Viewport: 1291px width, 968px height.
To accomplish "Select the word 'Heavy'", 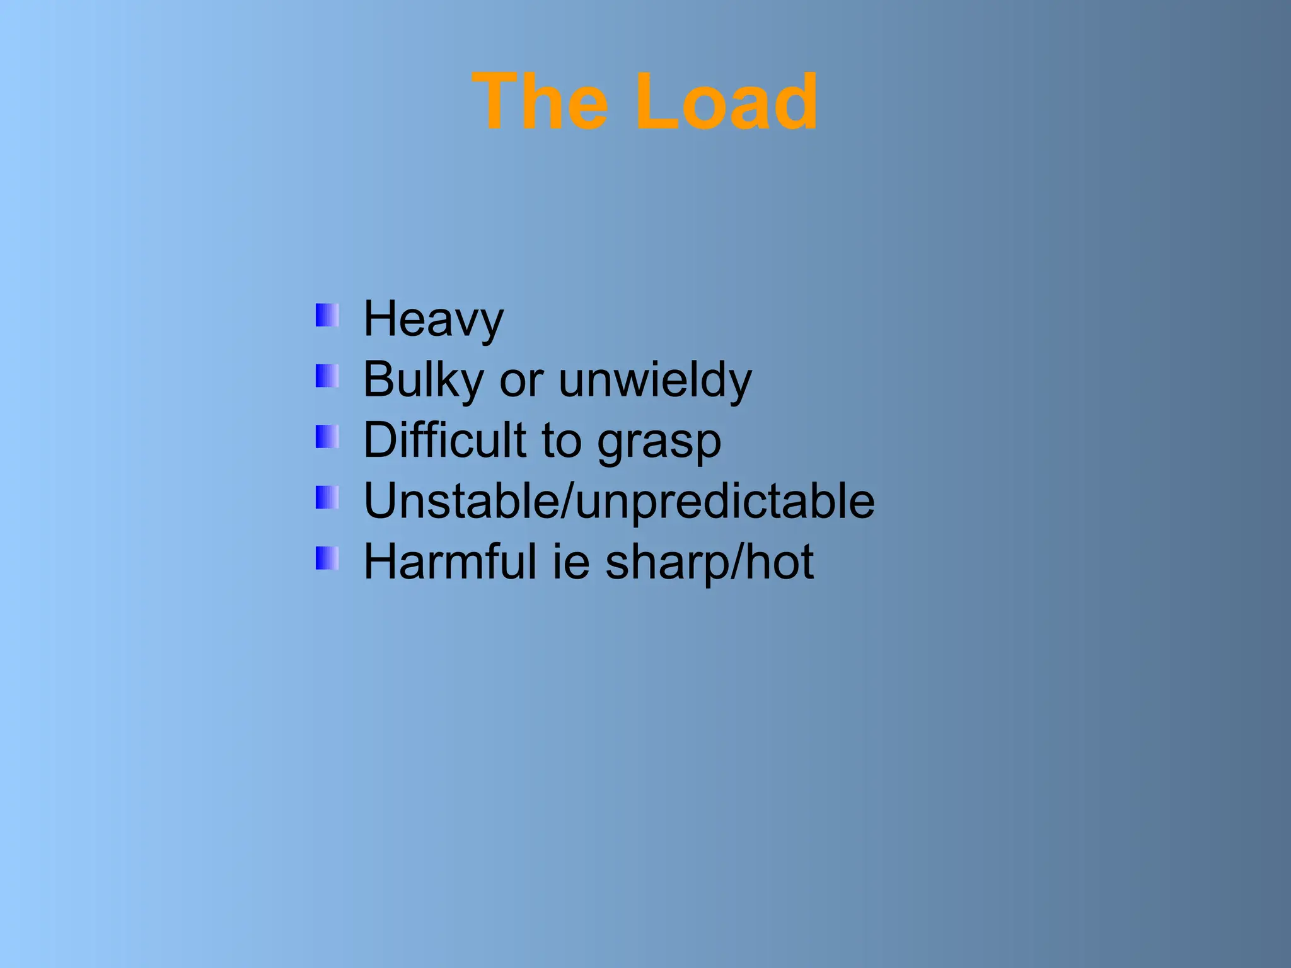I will (434, 320).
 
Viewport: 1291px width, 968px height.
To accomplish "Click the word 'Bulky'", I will (424, 381).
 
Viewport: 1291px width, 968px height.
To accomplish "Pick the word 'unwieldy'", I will (656, 381).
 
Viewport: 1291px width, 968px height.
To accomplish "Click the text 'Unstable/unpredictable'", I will (619, 502).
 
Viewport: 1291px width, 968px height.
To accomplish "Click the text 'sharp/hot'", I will (710, 562).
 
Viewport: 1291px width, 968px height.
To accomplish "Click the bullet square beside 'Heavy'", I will (327, 315).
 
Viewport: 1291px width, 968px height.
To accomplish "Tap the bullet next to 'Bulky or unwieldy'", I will (327, 376).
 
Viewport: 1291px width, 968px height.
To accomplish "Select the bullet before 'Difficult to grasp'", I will (327, 437).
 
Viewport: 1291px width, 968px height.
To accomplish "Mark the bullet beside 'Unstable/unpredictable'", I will (327, 497).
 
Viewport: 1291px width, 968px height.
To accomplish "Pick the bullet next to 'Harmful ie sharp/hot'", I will (327, 558).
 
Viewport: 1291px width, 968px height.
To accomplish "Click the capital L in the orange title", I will (657, 102).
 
